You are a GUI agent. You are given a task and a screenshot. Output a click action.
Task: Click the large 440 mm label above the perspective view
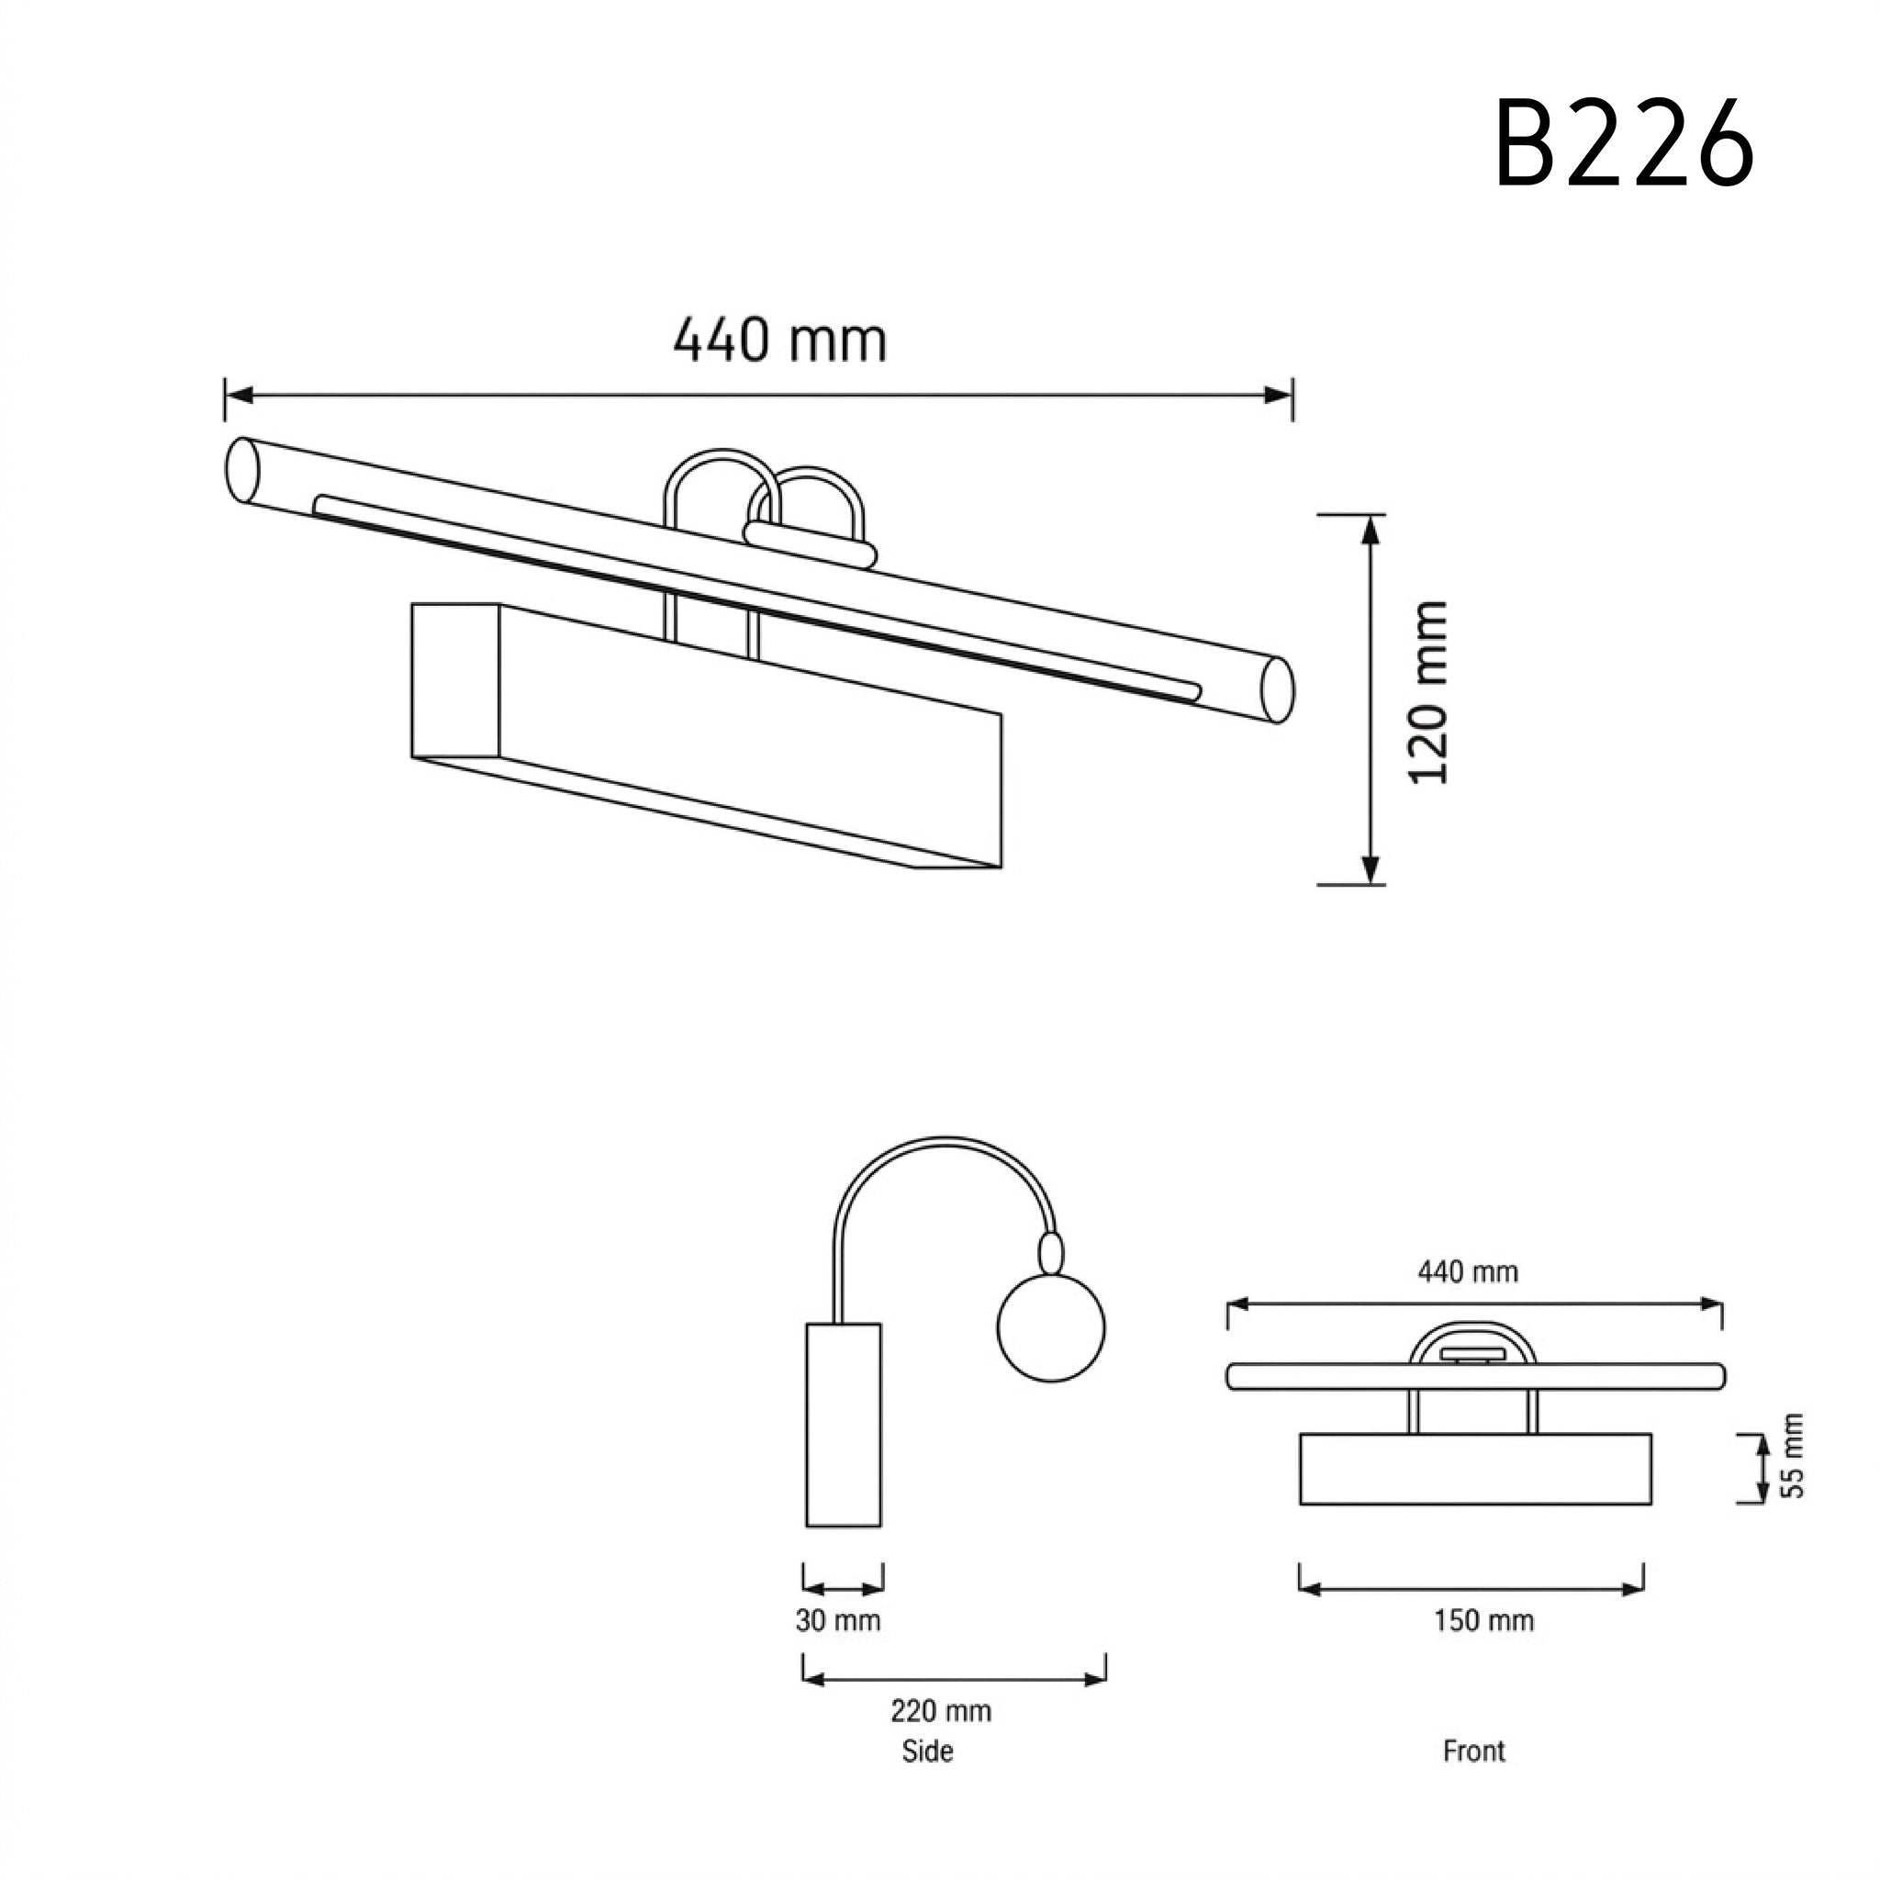780,340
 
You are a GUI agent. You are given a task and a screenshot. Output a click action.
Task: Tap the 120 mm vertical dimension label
1428,693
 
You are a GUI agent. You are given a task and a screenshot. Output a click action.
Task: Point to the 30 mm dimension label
838,1620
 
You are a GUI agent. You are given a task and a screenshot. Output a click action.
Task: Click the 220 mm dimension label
941,1711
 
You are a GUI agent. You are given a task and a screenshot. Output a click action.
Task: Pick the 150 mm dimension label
1484,1620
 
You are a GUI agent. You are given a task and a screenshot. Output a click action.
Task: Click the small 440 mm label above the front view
1468,1270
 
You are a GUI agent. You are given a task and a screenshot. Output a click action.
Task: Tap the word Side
927,1751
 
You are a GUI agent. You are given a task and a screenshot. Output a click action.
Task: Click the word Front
1474,1751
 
